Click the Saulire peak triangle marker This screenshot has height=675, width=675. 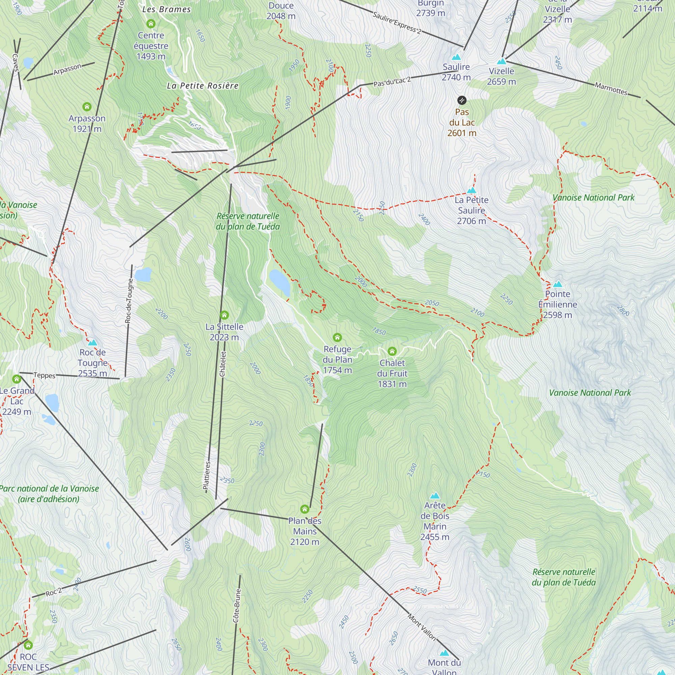pyautogui.click(x=456, y=57)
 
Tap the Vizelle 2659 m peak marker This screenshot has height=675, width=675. pyautogui.click(x=502, y=61)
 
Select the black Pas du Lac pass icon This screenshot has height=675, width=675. pyautogui.click(x=461, y=101)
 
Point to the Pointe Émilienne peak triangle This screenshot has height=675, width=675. pyautogui.click(x=557, y=284)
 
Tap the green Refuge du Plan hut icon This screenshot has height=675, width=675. pyautogui.click(x=337, y=337)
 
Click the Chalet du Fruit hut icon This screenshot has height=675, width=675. pyautogui.click(x=392, y=351)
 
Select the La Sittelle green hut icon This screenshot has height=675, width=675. pyautogui.click(x=224, y=315)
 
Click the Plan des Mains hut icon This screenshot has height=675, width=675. pyautogui.click(x=305, y=509)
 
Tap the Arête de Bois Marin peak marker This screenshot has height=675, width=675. pyautogui.click(x=435, y=495)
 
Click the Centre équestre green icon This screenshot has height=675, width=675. pyautogui.click(x=151, y=24)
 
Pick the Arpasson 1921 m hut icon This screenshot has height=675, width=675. pyautogui.click(x=87, y=107)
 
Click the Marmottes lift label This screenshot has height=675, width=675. pyautogui.click(x=611, y=89)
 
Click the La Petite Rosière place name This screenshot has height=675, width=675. pyautogui.click(x=202, y=86)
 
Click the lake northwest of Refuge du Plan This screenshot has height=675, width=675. pyautogui.click(x=279, y=282)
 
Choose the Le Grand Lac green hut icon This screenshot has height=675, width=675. pyautogui.click(x=17, y=379)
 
